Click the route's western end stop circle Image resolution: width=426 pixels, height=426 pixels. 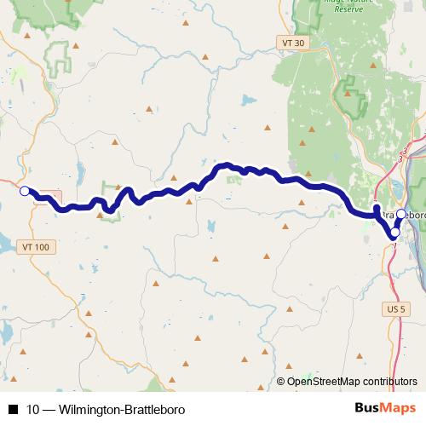tap(25, 191)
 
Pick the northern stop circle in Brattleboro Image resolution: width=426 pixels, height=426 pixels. tap(401, 213)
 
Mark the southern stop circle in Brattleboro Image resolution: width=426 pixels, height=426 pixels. tap(394, 232)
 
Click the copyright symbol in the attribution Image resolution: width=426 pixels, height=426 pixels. tap(281, 383)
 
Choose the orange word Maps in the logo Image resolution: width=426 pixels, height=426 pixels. tap(398, 409)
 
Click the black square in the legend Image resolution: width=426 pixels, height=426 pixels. tap(12, 410)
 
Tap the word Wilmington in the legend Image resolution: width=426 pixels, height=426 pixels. tap(87, 410)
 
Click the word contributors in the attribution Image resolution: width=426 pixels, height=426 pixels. tap(393, 383)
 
